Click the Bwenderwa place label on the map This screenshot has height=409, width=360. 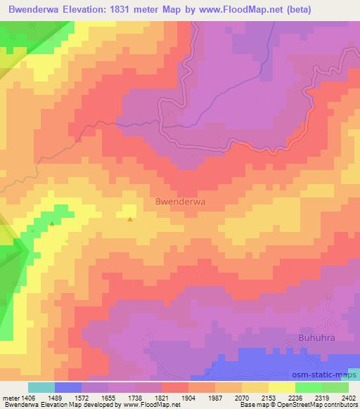click(179, 201)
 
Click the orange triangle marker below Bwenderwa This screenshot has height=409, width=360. click(130, 219)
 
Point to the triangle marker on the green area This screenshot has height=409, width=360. click(52, 224)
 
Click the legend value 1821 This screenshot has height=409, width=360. click(148, 398)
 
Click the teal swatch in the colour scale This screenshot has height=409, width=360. click(41, 387)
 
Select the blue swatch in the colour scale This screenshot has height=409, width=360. click(68, 387)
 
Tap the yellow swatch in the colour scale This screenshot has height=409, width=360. click(281, 387)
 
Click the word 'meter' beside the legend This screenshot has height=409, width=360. click(10, 398)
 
